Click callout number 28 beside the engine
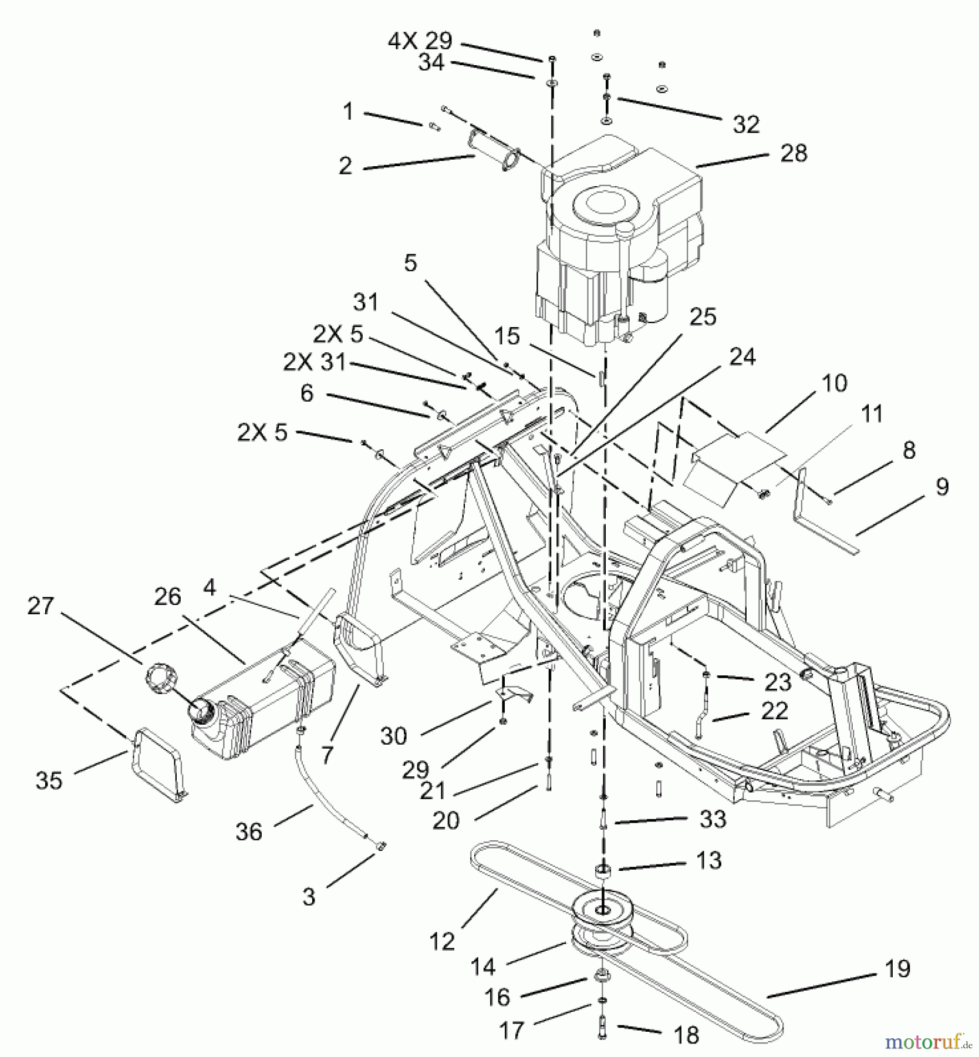794,153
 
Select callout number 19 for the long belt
897,968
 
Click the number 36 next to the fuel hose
249,832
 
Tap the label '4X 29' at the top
420,41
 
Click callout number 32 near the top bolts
746,124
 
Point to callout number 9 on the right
941,487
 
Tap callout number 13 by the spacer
708,860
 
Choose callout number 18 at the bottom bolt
686,1035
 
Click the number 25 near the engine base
703,317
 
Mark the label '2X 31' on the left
315,362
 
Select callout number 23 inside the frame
778,682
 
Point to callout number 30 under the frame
393,736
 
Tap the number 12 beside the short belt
442,941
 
